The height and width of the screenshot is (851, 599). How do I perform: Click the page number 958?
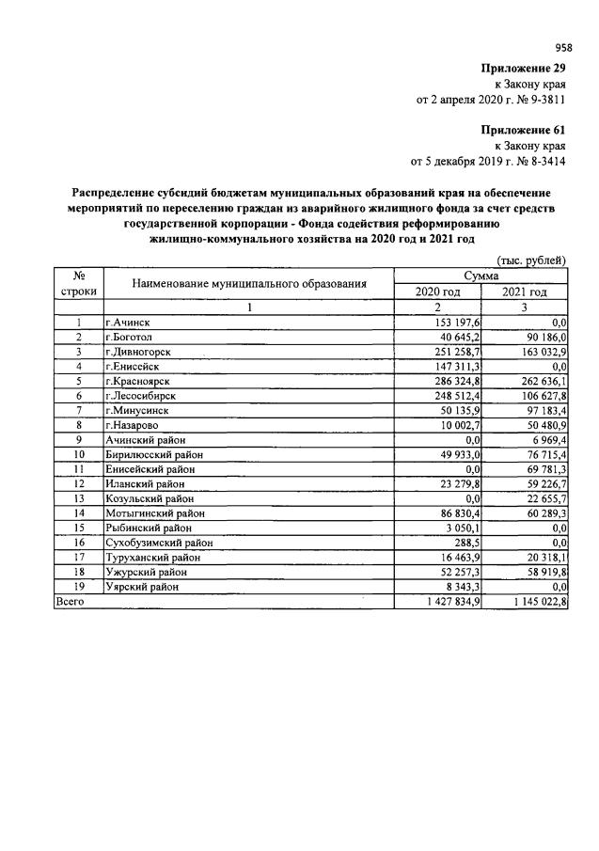tap(563, 47)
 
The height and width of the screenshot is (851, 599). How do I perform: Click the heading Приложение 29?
tap(523, 68)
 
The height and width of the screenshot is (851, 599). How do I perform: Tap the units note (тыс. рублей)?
tap(531, 260)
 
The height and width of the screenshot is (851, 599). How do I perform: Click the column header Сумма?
tap(481, 276)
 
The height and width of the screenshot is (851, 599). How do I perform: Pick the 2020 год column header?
tap(437, 292)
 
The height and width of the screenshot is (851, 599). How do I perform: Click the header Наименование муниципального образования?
tap(248, 283)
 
